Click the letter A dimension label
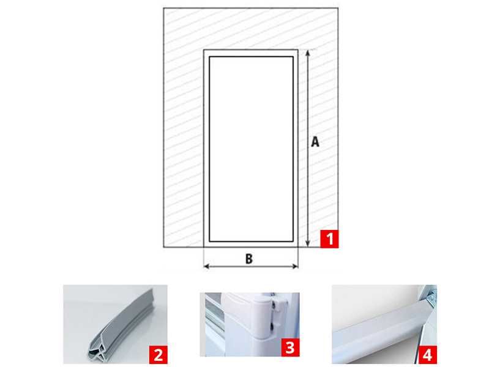click(x=315, y=142)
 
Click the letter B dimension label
click(x=249, y=259)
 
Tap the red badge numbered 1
click(x=329, y=239)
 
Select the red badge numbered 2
click(x=158, y=355)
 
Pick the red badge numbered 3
click(x=290, y=347)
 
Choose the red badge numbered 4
click(x=427, y=355)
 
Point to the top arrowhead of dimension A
click(x=308, y=53)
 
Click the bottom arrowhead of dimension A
click(x=308, y=243)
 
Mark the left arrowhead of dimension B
click(x=207, y=266)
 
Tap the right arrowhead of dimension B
click(x=295, y=266)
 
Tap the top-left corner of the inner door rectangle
click(x=209, y=57)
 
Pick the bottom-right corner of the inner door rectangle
click(x=293, y=241)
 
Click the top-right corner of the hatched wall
click(x=338, y=9)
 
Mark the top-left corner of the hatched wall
click(x=163, y=9)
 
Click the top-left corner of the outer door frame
click(x=204, y=50)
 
